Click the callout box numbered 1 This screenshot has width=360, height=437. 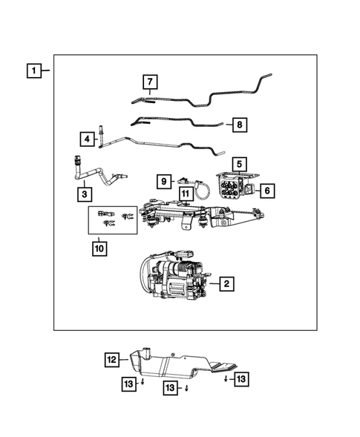(33, 72)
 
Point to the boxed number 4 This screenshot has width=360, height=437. (87, 138)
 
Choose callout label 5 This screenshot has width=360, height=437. (239, 163)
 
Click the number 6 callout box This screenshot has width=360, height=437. (267, 191)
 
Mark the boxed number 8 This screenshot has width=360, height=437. (238, 125)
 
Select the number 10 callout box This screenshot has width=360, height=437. (99, 249)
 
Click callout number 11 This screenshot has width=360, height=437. (185, 194)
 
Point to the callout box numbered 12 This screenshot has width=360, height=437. (111, 360)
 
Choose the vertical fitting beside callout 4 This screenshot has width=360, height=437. (101, 133)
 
